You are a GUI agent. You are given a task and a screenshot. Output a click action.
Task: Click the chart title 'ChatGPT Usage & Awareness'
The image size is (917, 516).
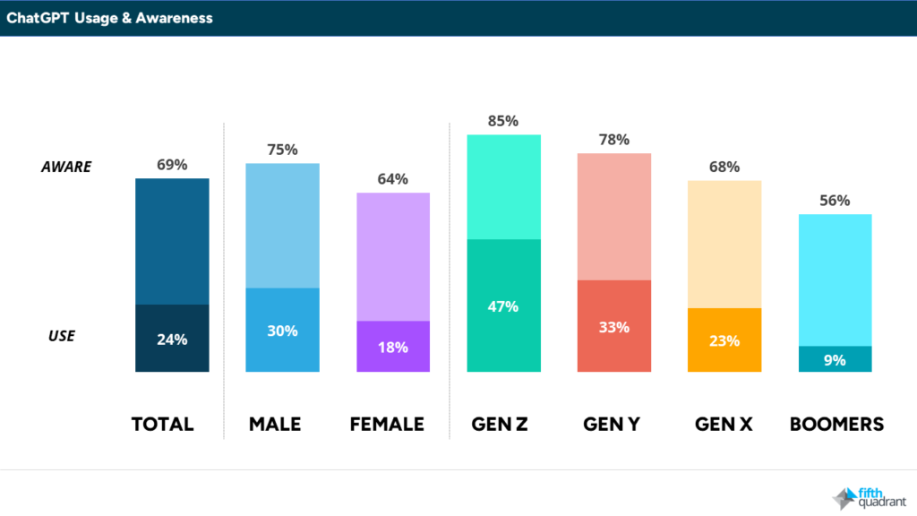pos(109,17)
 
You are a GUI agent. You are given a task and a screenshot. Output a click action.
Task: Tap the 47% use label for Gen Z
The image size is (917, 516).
pos(503,306)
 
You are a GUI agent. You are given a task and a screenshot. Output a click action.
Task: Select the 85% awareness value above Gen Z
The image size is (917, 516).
pos(503,121)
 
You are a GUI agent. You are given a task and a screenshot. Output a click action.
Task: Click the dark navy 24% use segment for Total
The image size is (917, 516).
pos(172,339)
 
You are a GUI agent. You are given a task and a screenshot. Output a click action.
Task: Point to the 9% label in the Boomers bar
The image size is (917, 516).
pos(835,360)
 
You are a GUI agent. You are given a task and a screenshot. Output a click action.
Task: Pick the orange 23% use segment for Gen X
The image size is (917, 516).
pos(724,340)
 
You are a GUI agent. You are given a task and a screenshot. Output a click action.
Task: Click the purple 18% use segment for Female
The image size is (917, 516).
pos(393,347)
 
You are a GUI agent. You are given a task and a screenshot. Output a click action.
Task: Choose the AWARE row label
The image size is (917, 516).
pos(66,167)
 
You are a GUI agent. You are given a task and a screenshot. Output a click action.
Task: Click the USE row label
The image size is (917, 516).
pos(62,336)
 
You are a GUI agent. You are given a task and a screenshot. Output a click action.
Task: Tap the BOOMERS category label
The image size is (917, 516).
pos(836,424)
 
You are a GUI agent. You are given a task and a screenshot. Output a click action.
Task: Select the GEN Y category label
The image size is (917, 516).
pos(614,424)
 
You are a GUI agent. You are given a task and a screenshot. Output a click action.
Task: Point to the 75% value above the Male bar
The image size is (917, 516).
pos(282,150)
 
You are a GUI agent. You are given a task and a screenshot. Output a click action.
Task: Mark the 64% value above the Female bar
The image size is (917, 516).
pos(393,179)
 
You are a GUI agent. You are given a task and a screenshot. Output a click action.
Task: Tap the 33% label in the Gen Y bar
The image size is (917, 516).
pos(614,327)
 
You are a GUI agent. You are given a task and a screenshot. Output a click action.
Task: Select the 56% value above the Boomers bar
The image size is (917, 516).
pos(835,201)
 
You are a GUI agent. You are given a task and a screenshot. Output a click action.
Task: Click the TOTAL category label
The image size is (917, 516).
pos(162,424)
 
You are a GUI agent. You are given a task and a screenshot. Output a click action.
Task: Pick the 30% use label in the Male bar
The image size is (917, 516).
pos(282,331)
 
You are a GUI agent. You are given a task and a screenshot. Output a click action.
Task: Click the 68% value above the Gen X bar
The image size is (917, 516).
pos(724,167)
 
